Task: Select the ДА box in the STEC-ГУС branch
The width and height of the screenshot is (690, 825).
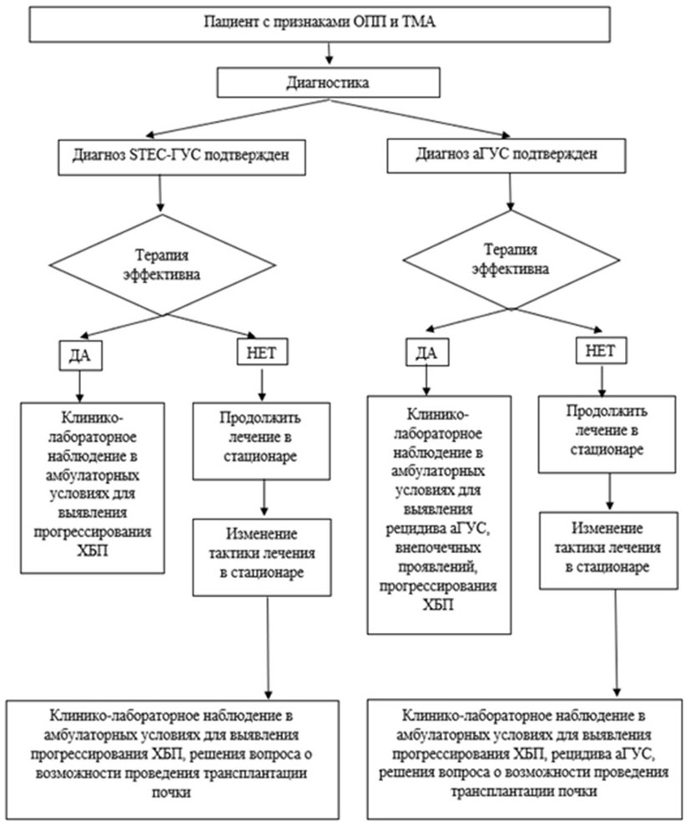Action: pyautogui.click(x=80, y=355)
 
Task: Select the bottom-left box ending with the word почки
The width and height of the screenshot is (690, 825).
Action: pyautogui.click(x=174, y=752)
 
